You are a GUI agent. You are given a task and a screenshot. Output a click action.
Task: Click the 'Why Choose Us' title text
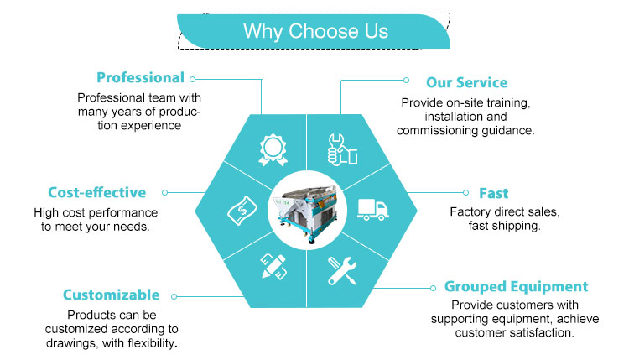(315, 31)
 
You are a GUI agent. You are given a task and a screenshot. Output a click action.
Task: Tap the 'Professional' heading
(140, 77)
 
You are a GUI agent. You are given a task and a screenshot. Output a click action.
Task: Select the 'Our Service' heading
(466, 82)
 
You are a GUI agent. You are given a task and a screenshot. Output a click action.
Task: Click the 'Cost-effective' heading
(97, 193)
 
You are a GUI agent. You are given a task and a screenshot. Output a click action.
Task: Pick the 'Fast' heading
(494, 193)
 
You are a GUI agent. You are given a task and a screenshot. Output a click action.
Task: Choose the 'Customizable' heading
(111, 295)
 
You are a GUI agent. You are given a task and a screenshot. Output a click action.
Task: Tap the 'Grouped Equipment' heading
(517, 286)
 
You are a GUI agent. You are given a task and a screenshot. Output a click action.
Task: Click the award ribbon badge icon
(273, 149)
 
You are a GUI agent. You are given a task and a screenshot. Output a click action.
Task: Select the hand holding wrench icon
(342, 149)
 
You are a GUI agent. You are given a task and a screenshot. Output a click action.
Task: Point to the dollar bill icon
(242, 211)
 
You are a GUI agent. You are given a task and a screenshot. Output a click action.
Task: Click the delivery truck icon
(373, 210)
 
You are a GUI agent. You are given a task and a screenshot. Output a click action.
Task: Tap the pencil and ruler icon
(273, 267)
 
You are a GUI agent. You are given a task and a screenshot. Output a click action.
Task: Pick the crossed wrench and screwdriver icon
(342, 271)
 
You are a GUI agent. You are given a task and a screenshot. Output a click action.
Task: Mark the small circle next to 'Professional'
(193, 80)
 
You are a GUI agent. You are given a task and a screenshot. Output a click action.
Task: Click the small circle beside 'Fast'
(465, 193)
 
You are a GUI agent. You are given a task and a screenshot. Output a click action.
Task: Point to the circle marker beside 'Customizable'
(174, 296)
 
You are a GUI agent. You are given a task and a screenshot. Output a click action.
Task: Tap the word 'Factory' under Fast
(466, 211)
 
